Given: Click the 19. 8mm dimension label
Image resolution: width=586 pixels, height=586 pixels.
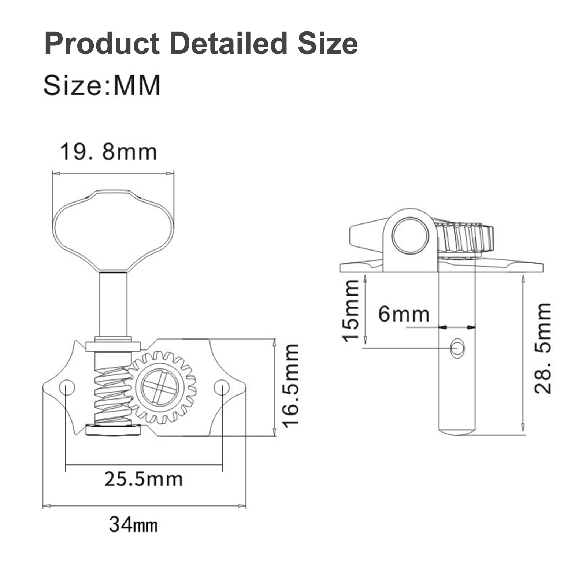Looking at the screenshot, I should pos(108,152).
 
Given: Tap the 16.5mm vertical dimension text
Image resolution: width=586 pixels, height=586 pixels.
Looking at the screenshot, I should pos(291,385).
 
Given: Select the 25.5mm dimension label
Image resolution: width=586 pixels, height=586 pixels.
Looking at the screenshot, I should pos(143,479).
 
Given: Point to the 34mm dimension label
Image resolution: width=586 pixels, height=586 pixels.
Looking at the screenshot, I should pos(133,524).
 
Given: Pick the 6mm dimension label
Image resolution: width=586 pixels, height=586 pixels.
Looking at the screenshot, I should pos(403,314).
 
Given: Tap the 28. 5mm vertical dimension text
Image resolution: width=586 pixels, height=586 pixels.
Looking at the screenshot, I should pos(543,348).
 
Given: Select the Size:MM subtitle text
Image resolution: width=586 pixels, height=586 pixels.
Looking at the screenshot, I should pos(102,85).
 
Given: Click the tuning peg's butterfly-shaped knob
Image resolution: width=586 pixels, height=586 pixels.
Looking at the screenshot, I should pos(113,229).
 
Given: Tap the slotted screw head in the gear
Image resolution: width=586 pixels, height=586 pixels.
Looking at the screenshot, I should pos(160,387).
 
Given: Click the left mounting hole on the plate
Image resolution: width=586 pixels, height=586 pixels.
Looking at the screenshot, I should pos(67,387).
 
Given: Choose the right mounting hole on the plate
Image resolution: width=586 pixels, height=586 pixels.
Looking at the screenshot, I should pos(222,387).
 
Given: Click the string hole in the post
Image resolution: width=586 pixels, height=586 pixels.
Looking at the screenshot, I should pos(457,348).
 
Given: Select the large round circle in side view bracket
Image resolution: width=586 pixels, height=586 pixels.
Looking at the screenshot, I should pos(410,235).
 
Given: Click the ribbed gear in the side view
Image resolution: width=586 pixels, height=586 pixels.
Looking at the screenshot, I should pos(465,238).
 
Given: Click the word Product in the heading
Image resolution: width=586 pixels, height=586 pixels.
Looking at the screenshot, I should pos(102,44).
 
